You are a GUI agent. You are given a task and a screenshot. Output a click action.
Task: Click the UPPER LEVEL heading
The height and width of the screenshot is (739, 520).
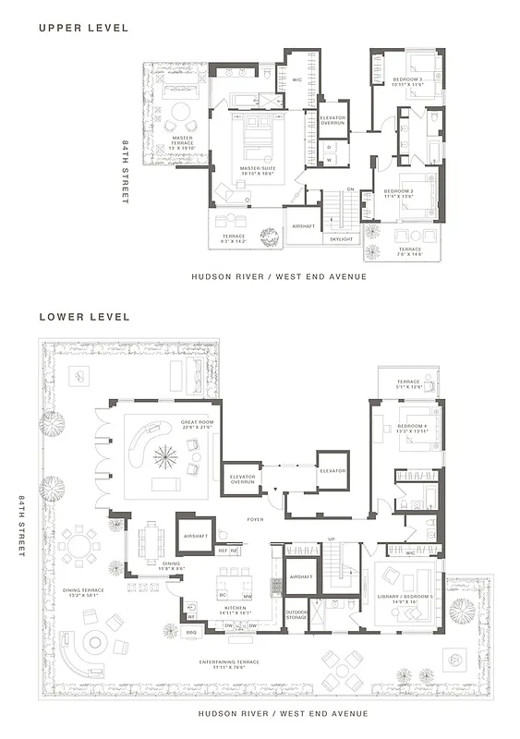83,27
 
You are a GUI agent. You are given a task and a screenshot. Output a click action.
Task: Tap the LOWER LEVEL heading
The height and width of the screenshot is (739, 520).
84,316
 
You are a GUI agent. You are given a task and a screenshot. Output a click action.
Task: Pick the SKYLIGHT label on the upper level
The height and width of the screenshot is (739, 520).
342,239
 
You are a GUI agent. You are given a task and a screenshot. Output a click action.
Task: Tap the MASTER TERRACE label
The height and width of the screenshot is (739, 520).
182,140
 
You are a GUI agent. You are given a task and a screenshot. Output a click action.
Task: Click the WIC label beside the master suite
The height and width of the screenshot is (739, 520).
296,80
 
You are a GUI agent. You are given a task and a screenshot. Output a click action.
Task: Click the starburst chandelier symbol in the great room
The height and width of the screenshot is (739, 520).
169,454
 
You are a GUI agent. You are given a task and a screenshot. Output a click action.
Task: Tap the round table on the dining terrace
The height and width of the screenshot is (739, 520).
83,545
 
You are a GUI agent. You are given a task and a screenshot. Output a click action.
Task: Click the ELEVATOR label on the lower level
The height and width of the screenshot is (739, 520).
333,470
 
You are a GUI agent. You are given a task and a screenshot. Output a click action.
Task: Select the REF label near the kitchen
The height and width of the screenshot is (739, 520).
222,551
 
